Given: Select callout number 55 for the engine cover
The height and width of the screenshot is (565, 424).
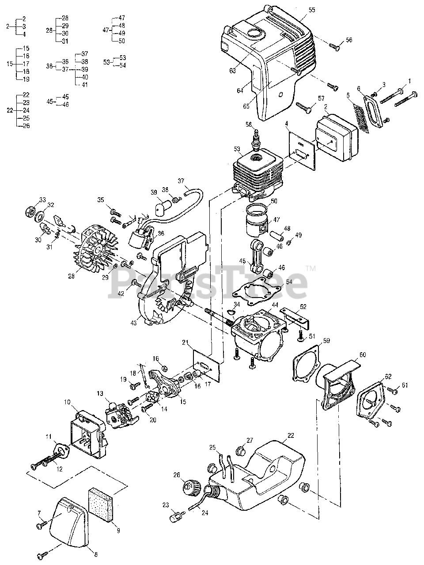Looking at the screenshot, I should (312, 9).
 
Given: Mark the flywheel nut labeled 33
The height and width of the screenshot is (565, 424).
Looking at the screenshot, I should (30, 207).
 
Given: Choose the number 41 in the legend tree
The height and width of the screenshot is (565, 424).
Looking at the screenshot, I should (85, 85).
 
